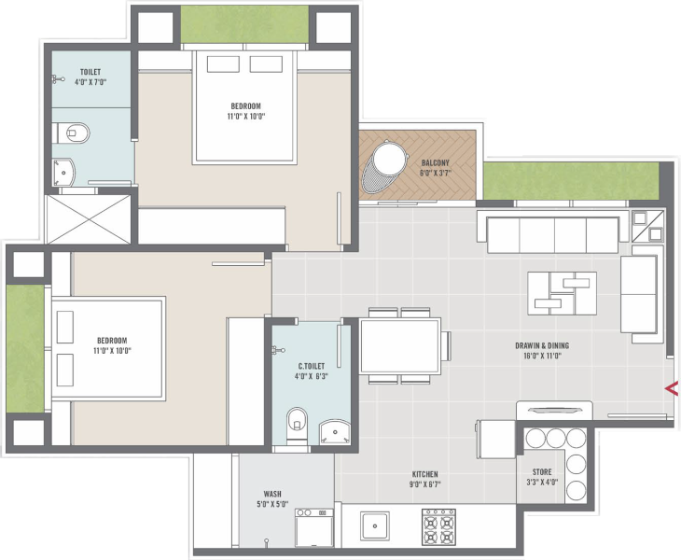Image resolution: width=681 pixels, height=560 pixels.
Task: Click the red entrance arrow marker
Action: coord(669,387)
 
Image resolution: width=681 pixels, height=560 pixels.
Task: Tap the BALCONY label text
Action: coord(435,162)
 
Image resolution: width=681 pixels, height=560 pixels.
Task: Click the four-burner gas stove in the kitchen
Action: coord(438,527)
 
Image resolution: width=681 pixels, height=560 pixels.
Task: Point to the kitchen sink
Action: coord(376,526)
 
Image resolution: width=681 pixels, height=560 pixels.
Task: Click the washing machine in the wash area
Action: coord(313,528)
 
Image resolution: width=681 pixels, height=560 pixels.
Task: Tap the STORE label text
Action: coord(542,472)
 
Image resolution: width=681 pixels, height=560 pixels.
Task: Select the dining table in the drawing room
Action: coord(400,346)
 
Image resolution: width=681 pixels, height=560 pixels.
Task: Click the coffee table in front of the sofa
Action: coord(562,292)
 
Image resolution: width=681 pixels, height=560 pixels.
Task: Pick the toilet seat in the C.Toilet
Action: coord(297,424)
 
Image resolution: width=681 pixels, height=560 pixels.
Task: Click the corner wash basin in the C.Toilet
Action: coord(335,431)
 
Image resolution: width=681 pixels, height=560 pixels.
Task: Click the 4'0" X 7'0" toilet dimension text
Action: coord(90,82)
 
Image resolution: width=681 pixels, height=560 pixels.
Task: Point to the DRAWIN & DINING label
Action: coord(542,345)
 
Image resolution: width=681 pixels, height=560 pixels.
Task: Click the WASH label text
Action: coord(272,494)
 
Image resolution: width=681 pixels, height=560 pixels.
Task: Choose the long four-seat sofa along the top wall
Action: coord(548,234)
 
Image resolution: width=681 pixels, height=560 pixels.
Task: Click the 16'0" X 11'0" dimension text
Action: coord(542,357)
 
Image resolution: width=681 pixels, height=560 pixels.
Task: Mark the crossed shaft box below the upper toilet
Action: coord(90,219)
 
